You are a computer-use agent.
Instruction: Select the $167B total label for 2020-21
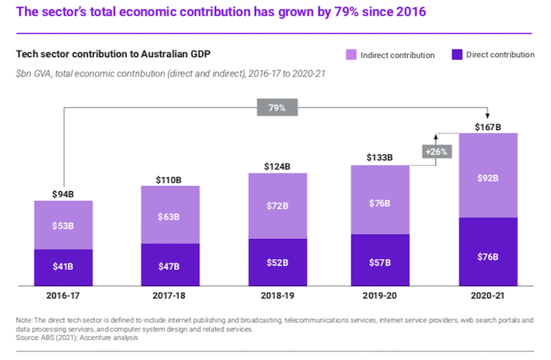pos(488,127)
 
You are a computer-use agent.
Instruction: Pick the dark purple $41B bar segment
pos(64,266)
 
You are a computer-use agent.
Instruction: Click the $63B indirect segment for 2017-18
pos(170,215)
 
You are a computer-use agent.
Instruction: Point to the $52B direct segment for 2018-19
pos(277,262)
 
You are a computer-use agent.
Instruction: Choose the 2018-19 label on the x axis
pos(277,293)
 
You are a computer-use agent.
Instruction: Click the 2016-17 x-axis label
pos(64,293)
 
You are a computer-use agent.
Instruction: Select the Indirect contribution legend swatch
pos(352,55)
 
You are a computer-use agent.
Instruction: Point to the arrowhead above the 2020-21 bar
pos(488,117)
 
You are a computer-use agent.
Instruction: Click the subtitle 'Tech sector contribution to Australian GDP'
pos(112,55)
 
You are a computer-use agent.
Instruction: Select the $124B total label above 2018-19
pos(277,167)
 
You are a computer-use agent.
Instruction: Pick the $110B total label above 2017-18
pos(170,180)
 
